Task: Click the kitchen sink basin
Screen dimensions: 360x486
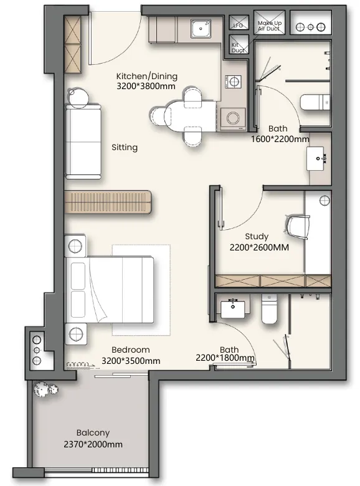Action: tap(201, 29)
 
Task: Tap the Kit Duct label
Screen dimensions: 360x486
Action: tap(238, 47)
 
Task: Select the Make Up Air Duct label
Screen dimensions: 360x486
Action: tap(269, 26)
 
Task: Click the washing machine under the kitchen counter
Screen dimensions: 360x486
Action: tap(233, 118)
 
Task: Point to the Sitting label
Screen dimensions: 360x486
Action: tap(125, 147)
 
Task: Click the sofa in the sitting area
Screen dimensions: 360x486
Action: tap(83, 141)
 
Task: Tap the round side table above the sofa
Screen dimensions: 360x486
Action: tap(78, 97)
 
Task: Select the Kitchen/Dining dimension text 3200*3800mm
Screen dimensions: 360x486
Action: tap(146, 86)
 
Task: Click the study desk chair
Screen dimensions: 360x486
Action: tap(298, 227)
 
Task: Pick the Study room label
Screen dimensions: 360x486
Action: tap(257, 237)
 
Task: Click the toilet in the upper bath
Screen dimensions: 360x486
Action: tap(315, 102)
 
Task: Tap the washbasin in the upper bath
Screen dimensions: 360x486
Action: tap(315, 159)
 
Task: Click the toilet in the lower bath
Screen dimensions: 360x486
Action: tap(270, 308)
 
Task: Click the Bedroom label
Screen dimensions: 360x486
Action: tap(130, 350)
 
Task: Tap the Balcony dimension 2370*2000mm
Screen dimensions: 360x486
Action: tap(93, 444)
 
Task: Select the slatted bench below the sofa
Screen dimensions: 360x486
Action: tap(108, 202)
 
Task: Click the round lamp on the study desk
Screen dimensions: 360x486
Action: tap(324, 201)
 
